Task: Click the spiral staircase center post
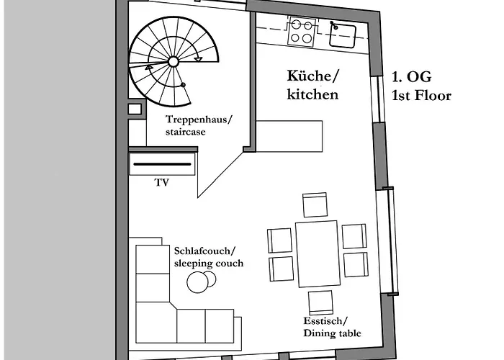tap(174, 63)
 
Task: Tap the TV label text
tap(161, 184)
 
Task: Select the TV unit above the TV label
tap(163, 164)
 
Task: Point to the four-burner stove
tap(302, 31)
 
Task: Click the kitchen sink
tap(343, 32)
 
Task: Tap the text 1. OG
tap(411, 76)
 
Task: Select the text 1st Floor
tap(421, 95)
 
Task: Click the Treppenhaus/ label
tap(199, 120)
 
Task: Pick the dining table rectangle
tap(317, 252)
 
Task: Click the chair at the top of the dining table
tap(315, 205)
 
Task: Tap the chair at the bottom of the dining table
tap(320, 302)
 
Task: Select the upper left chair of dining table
tap(280, 240)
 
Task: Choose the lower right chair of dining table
tap(355, 264)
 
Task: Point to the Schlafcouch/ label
tap(204, 251)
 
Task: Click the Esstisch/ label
tap(325, 321)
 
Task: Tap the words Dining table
tap(332, 333)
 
